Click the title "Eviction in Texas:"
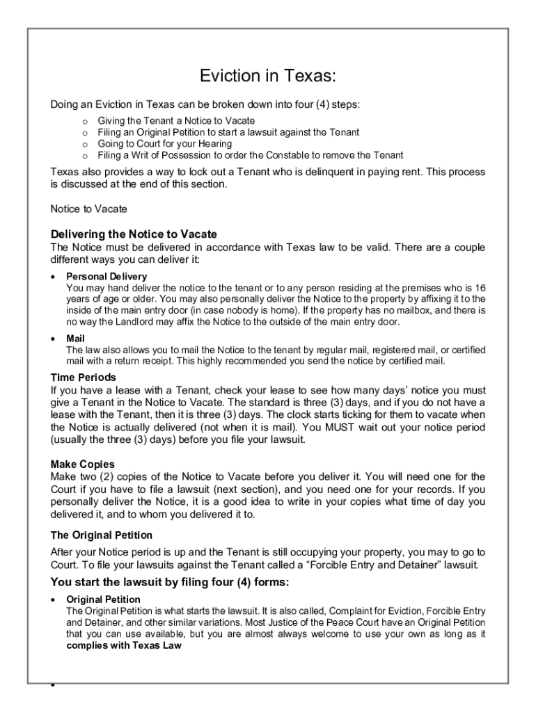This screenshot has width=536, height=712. pos(268,75)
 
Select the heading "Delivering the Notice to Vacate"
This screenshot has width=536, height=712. pos(134,234)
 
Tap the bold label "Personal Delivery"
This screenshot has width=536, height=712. pos(107,277)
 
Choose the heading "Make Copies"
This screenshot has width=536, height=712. pos(82,464)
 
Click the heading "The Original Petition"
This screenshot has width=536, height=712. pos(101,535)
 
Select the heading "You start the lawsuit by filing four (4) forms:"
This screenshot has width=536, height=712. pos(169,582)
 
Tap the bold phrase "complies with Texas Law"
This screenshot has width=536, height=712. pos(124,645)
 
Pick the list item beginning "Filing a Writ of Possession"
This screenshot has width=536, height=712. pos(250,155)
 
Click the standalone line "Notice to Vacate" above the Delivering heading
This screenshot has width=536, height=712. pos(89,209)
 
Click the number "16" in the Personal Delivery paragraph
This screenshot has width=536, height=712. pos(479,287)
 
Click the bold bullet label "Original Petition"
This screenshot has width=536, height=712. pos(103,599)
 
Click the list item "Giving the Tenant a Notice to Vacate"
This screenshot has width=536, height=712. pos(176,122)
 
